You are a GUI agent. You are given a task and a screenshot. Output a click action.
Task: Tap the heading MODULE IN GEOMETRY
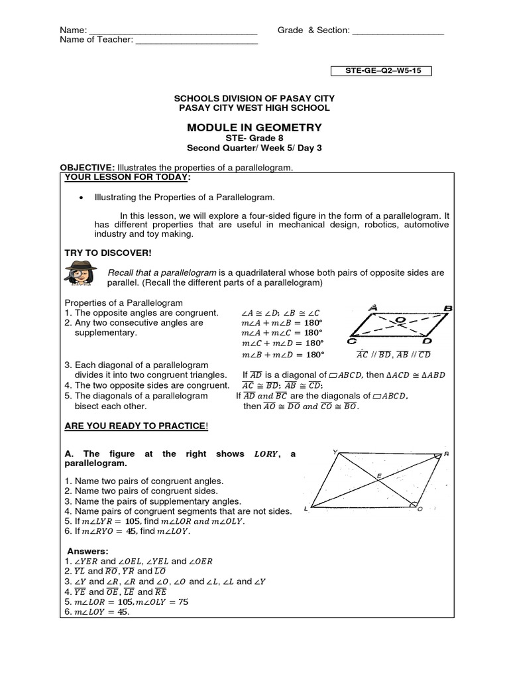tap(254, 127)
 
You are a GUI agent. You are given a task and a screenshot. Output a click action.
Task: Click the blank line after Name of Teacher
tap(196, 40)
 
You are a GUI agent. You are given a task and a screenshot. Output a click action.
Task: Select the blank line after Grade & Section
tap(398, 31)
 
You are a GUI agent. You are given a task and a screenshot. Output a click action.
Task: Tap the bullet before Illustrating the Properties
tap(81, 198)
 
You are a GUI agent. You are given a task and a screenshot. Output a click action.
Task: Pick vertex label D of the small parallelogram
tap(427, 341)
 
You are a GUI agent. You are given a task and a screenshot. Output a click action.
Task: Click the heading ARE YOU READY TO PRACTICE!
tap(136, 425)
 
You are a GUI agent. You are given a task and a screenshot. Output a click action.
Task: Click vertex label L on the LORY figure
tap(306, 509)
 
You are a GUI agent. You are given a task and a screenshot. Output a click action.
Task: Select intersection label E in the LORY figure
tap(379, 475)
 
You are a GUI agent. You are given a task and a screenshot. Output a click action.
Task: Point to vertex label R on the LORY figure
tap(447, 454)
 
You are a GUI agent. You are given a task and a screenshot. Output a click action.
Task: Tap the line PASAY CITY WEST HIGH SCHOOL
tap(254, 107)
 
